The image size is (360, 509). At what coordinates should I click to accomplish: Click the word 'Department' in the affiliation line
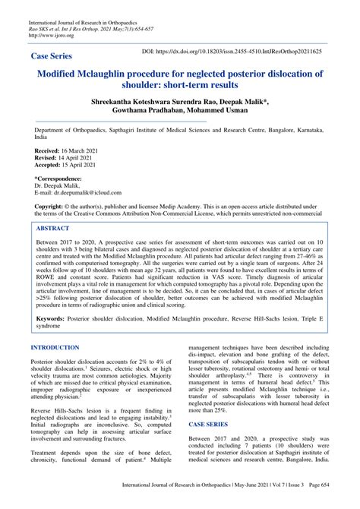54,130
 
